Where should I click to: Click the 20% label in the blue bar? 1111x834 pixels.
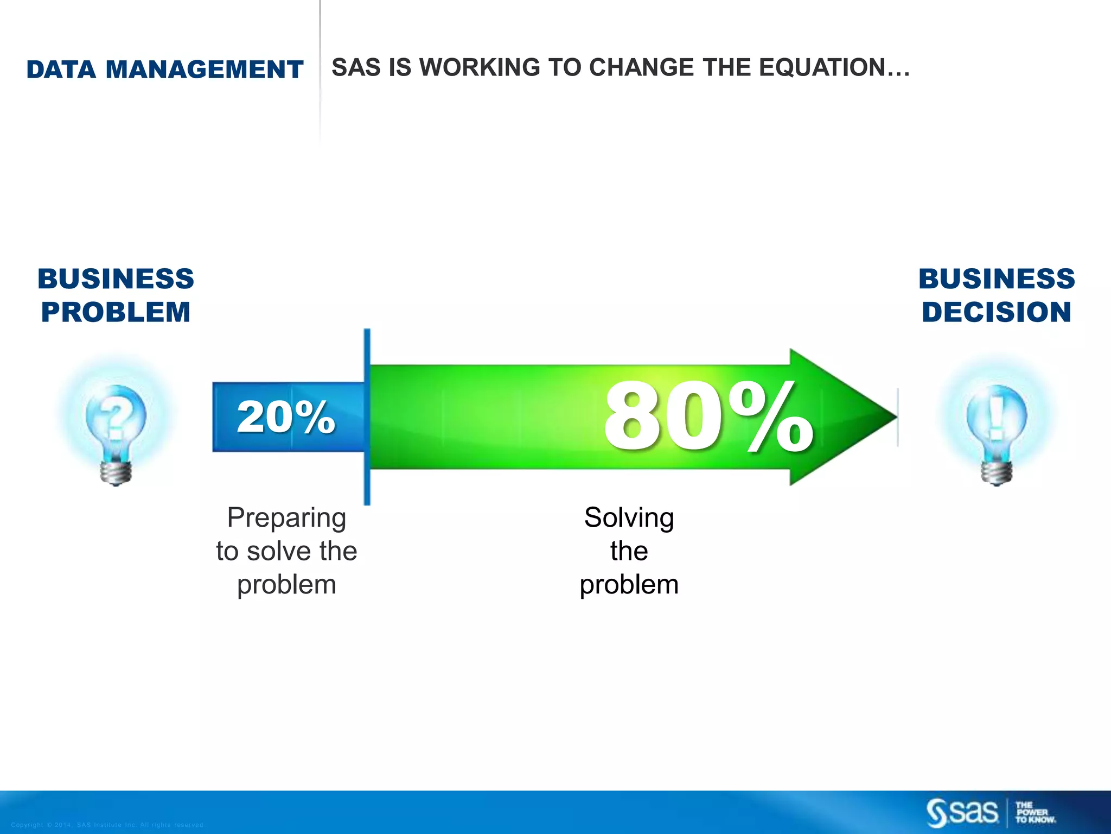(x=286, y=417)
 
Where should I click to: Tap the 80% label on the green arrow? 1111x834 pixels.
(x=708, y=417)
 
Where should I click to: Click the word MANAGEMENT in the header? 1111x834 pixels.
(x=204, y=69)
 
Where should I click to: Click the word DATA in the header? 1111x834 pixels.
(x=61, y=69)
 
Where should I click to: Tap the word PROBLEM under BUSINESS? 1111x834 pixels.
(x=116, y=312)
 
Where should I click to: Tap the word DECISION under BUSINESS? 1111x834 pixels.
(x=997, y=312)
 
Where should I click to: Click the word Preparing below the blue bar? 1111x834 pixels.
(x=286, y=518)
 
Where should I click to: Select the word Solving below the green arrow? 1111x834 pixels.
(x=629, y=518)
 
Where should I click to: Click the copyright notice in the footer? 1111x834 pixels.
(x=107, y=825)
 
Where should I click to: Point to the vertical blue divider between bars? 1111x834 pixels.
(x=367, y=417)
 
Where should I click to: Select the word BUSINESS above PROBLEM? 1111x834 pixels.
(x=116, y=279)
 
